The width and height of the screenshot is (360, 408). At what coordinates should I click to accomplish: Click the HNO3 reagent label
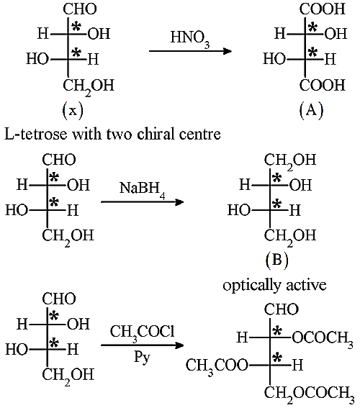pos(190,39)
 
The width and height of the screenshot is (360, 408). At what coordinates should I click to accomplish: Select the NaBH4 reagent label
pos(143,190)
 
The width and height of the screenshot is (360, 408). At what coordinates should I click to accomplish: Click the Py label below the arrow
pos(142,358)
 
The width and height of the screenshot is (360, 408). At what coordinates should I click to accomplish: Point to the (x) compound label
pos(73,110)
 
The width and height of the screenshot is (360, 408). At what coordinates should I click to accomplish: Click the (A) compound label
pos(311,110)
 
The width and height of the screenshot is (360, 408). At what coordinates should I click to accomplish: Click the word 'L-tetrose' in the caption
pos(36,135)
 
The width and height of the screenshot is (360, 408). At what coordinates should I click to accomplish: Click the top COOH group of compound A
pos(323,9)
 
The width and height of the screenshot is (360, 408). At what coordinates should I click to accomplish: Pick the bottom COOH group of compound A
pos(323,85)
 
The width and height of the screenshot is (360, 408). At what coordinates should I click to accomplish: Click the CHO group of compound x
pos(80,9)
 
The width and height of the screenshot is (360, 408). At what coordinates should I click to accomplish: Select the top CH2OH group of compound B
pos(290,160)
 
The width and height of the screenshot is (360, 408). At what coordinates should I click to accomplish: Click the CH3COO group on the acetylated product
pos(217,366)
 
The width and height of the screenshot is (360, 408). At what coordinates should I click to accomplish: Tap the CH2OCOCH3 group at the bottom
pos(310,394)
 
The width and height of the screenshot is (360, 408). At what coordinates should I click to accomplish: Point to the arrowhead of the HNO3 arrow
pos(228,51)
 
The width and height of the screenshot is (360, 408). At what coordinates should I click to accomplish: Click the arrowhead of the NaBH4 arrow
pos(179,202)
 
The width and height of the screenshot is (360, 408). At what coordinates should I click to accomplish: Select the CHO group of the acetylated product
pos(281,309)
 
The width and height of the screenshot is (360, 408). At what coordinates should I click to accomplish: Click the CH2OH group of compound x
pos(89,86)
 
